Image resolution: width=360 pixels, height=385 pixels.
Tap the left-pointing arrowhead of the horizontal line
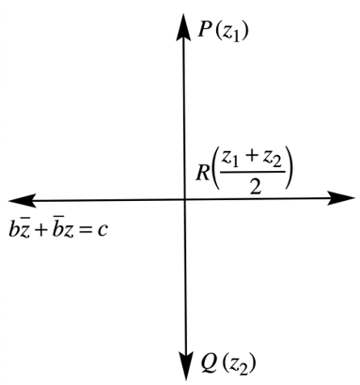(22, 200)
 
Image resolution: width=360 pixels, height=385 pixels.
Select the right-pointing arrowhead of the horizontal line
(341, 198)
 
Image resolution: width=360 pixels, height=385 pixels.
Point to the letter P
(204, 31)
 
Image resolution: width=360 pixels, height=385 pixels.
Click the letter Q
(210, 362)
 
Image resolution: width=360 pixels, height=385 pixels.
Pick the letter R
(202, 173)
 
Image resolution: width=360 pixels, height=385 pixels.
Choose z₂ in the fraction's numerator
(272, 160)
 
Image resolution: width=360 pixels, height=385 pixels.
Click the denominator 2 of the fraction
(255, 187)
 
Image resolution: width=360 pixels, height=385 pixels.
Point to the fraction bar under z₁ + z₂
(253, 172)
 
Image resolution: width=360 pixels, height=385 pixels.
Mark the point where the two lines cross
(184, 199)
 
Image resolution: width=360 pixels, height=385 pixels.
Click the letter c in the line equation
(102, 231)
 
